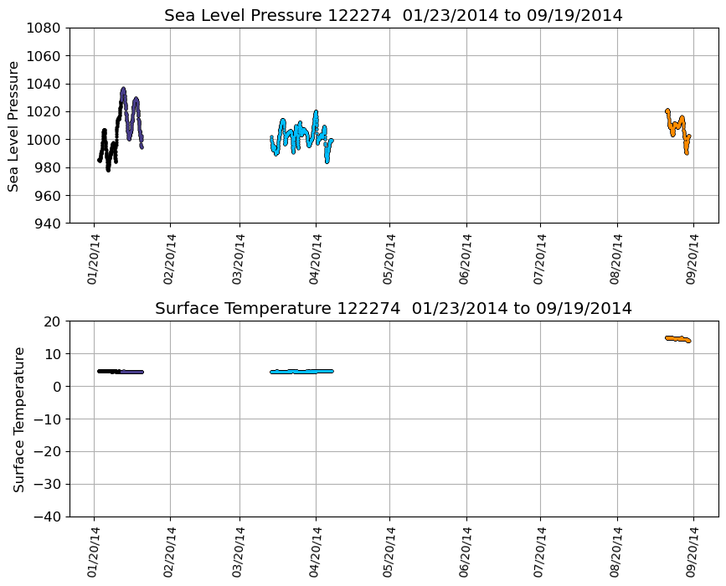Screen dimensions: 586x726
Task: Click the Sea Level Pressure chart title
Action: pyautogui.click(x=393, y=16)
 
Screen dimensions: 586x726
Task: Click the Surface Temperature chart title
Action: pyautogui.click(x=393, y=309)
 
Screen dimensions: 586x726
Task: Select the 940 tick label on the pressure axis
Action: pyautogui.click(x=48, y=224)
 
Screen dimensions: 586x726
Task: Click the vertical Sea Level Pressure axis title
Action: pyautogui.click(x=13, y=126)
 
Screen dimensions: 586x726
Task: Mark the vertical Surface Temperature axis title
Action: pyautogui.click(x=18, y=419)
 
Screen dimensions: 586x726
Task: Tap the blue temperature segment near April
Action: pyautogui.click(x=301, y=371)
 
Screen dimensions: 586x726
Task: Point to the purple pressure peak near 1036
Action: pyautogui.click(x=123, y=89)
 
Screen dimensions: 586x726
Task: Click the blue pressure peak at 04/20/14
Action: pyautogui.click(x=316, y=112)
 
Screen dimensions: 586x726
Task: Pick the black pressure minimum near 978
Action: pyautogui.click(x=108, y=169)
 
